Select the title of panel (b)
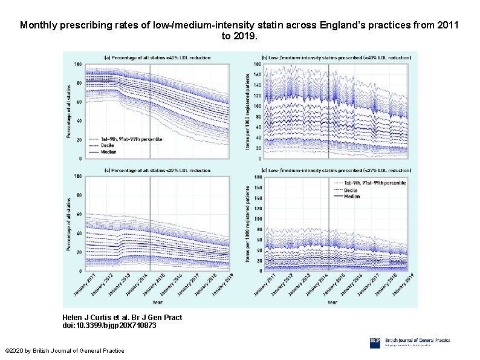(331, 57)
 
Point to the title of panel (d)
(331, 171)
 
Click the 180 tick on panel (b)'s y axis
(258, 64)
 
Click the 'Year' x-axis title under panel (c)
(157, 302)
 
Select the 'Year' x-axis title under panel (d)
(332, 302)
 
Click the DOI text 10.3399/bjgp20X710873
(109, 326)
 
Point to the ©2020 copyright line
(64, 351)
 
